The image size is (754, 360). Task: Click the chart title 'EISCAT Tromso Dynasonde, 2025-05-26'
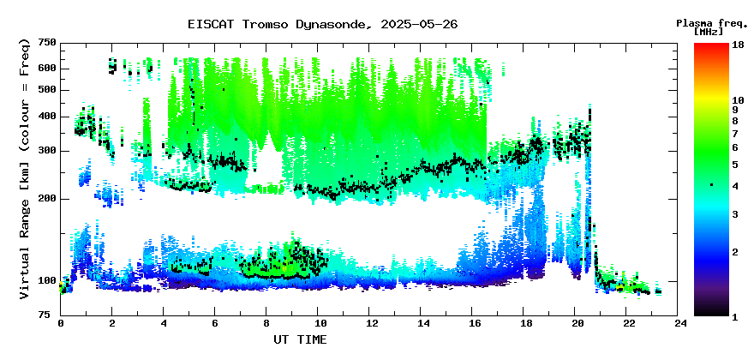click(x=322, y=24)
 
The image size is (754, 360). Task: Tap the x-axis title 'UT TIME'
click(x=300, y=339)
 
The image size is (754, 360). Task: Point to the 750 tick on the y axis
click(x=47, y=43)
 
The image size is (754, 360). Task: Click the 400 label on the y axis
click(x=47, y=117)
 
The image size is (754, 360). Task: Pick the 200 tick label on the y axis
click(x=47, y=199)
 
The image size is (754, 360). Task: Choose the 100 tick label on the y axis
click(x=47, y=281)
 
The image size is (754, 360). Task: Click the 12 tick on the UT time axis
click(x=371, y=323)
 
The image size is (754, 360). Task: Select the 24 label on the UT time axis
click(x=681, y=323)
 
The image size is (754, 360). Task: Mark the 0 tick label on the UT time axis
click(x=61, y=323)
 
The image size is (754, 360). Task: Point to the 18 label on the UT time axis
click(x=526, y=323)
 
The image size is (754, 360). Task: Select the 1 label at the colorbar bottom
click(x=735, y=316)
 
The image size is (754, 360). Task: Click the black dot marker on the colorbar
click(x=711, y=185)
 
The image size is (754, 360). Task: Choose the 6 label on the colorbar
click(x=735, y=147)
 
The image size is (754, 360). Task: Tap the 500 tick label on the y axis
click(x=47, y=90)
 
